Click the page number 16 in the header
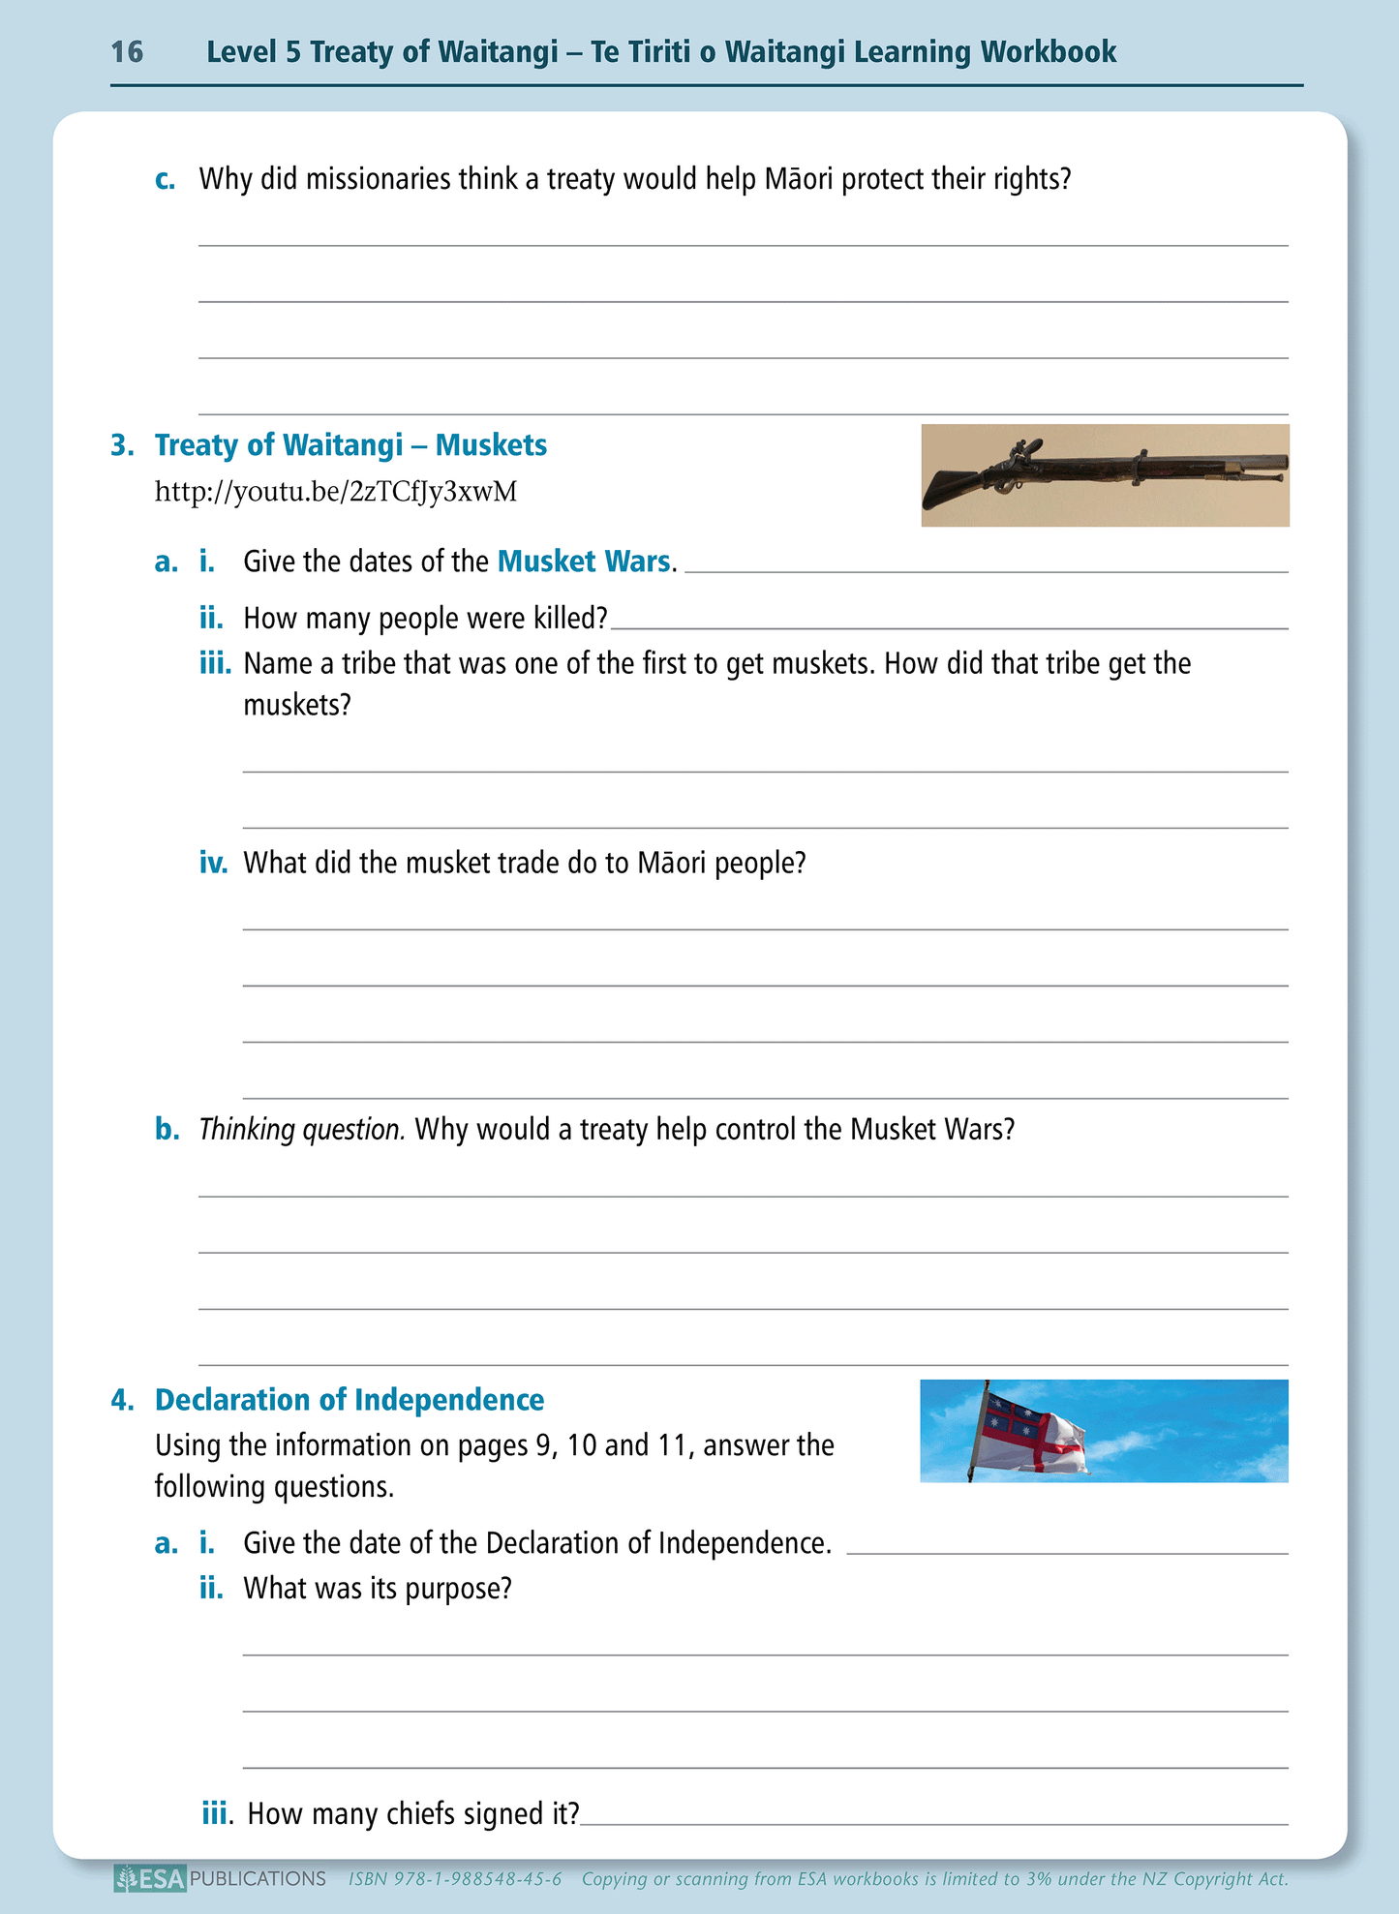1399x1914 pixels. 127,51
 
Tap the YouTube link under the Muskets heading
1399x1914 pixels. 336,492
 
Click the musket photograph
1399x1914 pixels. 1105,475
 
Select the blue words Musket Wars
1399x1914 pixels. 584,562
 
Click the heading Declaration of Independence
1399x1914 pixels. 350,1400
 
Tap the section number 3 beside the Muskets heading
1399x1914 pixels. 122,445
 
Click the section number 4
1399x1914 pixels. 122,1400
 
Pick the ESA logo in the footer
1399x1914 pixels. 150,1879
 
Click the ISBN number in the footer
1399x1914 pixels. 455,1879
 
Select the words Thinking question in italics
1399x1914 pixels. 302,1130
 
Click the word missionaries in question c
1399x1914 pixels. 379,179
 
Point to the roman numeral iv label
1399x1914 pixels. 213,863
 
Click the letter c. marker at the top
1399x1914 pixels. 166,180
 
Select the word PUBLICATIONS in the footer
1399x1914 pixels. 258,1879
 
